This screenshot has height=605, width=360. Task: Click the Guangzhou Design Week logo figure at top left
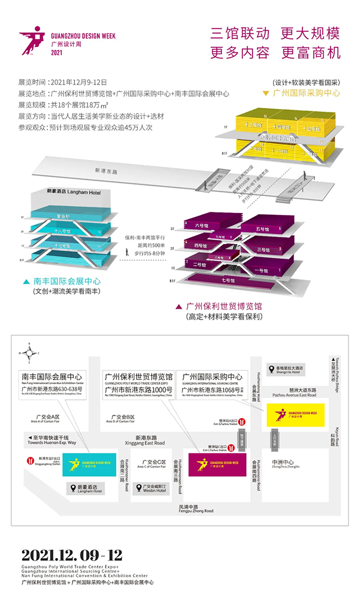(32, 38)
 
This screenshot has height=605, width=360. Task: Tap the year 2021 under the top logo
(57, 53)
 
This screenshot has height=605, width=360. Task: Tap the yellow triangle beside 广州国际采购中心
(265, 94)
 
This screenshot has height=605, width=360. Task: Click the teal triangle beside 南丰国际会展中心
(26, 281)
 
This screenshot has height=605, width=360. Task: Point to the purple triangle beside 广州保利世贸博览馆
(179, 306)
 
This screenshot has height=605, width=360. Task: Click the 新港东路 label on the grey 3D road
(106, 171)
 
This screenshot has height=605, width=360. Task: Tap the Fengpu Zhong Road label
(196, 509)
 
